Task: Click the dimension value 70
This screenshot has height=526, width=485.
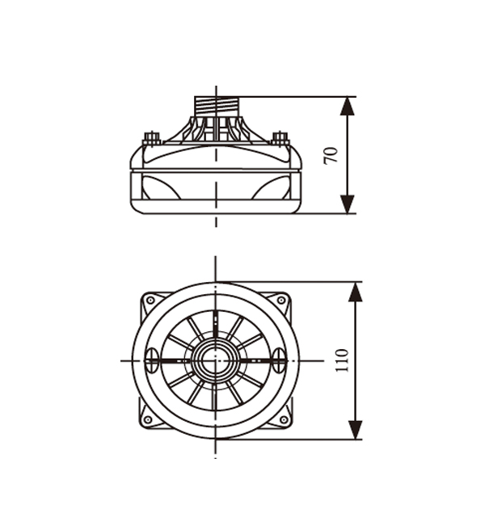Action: pos(331,155)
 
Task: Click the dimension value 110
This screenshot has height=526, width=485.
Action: pos(343,360)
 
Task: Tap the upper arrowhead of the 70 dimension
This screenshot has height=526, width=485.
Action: pos(348,107)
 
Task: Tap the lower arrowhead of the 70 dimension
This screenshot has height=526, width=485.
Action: pos(348,204)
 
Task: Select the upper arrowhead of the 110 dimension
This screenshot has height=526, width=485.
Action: pos(356,292)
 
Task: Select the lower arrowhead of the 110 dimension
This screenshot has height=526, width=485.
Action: pos(356,430)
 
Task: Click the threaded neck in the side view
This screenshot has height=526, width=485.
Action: pos(217,107)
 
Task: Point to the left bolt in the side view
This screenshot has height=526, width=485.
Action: pos(152,138)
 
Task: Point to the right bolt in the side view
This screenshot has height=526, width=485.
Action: pos(280,138)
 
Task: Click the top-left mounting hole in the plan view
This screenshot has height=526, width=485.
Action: pos(150,301)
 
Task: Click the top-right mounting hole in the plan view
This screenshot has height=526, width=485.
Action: pos(281,301)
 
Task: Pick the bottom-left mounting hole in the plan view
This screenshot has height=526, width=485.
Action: pos(147,419)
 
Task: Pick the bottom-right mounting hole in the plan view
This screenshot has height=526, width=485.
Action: pos(284,419)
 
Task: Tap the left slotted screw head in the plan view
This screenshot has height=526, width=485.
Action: pos(152,360)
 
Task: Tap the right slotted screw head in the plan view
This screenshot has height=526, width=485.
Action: pos(279,360)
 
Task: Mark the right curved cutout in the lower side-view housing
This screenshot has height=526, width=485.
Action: pos(272,187)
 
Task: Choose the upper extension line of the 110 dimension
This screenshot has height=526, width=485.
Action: pos(289,282)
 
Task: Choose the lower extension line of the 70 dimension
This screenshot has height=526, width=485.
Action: pos(327,213)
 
